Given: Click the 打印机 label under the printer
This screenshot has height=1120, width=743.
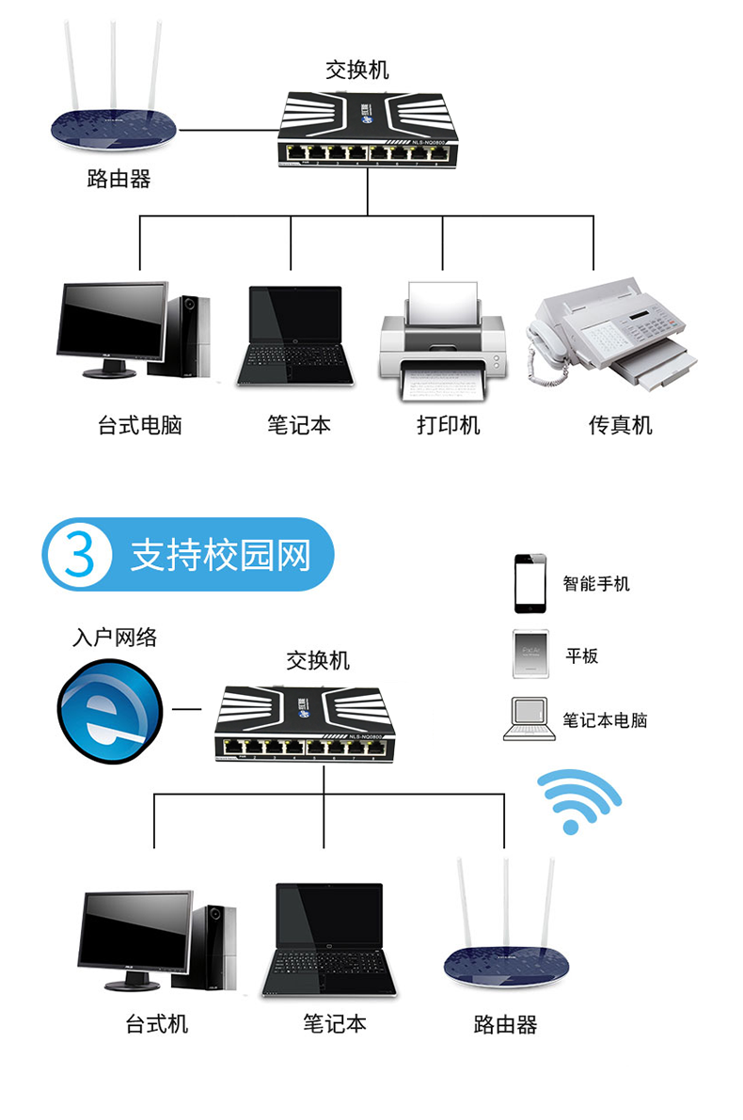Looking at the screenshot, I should coord(449,425).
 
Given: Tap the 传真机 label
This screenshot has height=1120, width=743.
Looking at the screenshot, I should coord(620,425).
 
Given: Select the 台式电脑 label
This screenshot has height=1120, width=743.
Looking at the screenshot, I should coord(139,425).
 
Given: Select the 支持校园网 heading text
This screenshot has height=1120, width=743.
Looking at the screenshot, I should coord(220,556).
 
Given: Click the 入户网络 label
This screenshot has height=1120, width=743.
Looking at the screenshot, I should coord(115,638).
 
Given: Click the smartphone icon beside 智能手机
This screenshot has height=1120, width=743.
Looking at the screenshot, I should coord(530,584).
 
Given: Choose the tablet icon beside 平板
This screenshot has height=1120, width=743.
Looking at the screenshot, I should coord(530,654).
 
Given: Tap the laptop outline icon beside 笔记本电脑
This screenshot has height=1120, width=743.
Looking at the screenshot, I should coord(527,719).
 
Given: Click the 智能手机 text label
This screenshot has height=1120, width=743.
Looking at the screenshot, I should coord(596,584).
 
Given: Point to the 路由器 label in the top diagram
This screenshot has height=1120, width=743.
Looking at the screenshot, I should coord(119,179).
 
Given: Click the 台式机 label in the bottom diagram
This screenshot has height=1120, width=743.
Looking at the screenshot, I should coord(157,1023).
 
